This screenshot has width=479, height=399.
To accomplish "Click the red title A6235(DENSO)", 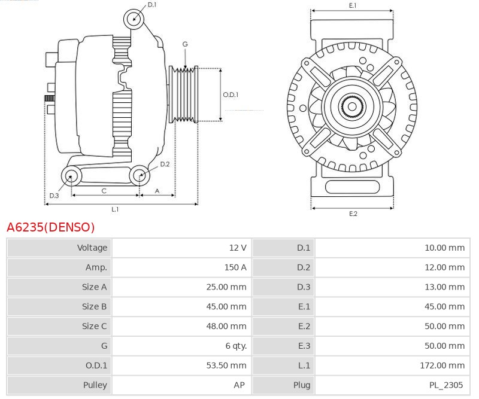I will [51, 227].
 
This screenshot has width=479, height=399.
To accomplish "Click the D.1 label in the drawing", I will [152, 5].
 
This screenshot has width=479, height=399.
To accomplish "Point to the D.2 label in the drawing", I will [165, 164].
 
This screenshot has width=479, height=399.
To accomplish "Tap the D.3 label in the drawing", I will [54, 196].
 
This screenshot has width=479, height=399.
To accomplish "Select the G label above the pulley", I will [185, 44].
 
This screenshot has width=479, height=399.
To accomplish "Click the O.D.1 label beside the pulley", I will [231, 95].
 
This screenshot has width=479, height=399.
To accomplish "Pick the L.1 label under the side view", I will [115, 209].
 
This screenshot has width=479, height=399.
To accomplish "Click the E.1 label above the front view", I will [353, 5].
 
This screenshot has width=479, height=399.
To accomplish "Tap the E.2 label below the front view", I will [353, 214].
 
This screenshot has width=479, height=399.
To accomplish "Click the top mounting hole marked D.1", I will [134, 19].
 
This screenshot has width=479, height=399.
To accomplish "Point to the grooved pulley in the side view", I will [186, 95].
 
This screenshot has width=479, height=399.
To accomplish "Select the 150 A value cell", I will [235, 267].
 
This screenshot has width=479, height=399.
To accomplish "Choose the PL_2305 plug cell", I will [446, 385].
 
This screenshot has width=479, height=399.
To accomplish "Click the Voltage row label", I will [92, 248].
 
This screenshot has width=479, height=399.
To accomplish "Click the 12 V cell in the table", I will [237, 248].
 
